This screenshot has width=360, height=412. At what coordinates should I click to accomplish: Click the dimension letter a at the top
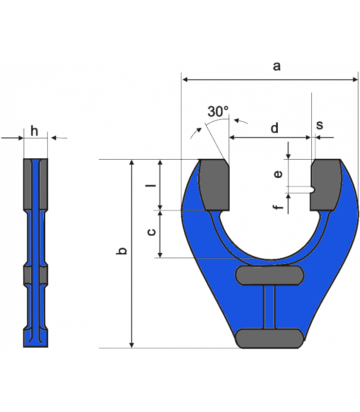coord(276,67)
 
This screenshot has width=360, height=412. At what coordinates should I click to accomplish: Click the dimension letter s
coord(320,125)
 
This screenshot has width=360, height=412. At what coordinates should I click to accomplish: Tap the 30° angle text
coord(218,112)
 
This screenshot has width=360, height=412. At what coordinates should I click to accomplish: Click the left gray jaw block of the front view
coord(216,184)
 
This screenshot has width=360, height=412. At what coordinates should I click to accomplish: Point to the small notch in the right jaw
coord(314,189)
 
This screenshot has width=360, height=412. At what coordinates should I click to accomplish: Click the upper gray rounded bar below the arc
coord(270,275)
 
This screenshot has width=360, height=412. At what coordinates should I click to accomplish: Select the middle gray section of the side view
coord(36,274)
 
